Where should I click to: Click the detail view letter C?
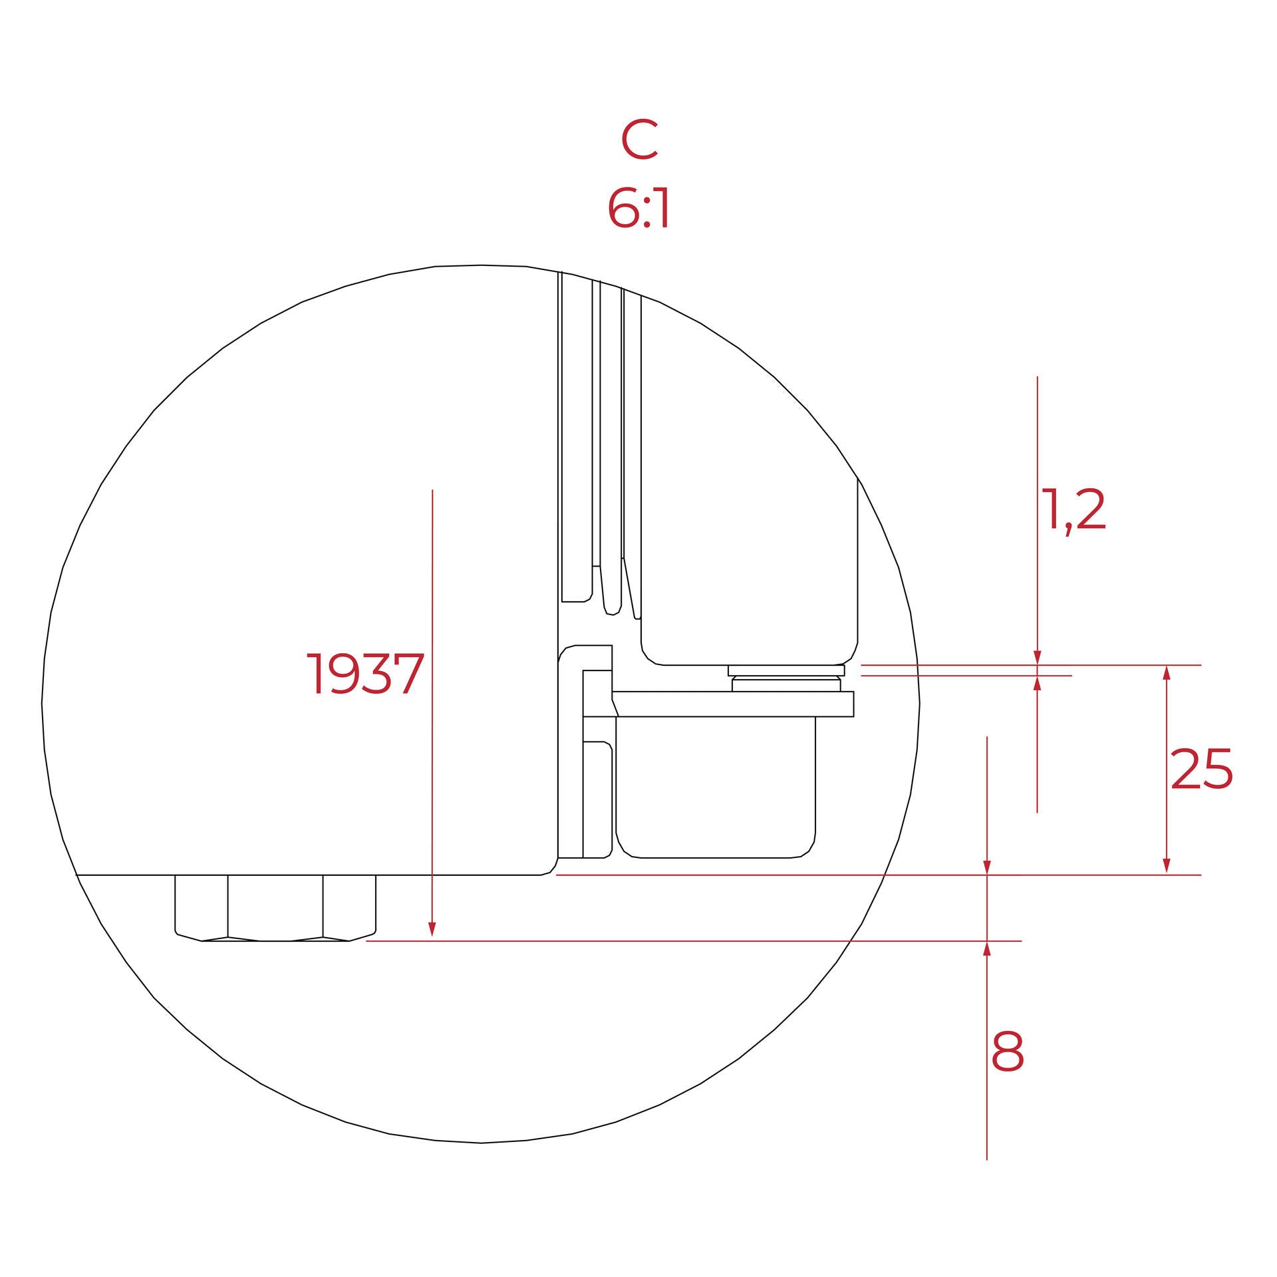pos(639,140)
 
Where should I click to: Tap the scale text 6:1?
pos(638,209)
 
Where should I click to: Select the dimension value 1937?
pos(365,674)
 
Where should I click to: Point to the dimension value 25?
pos(1201,770)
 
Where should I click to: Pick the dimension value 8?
pos(1007,1052)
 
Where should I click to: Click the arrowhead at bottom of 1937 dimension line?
pos(432,929)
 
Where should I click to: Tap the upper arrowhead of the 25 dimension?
pos(1166,672)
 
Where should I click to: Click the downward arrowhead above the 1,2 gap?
pos(1038,658)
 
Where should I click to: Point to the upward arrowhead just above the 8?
pos(987,949)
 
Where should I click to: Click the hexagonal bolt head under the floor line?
pos(275,907)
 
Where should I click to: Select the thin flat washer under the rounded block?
pos(786,670)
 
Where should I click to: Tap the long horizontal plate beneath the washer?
pos(732,704)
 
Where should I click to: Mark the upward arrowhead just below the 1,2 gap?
pos(1038,683)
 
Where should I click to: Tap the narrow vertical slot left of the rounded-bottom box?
pos(597,799)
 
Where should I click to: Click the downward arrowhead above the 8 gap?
pos(987,867)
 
